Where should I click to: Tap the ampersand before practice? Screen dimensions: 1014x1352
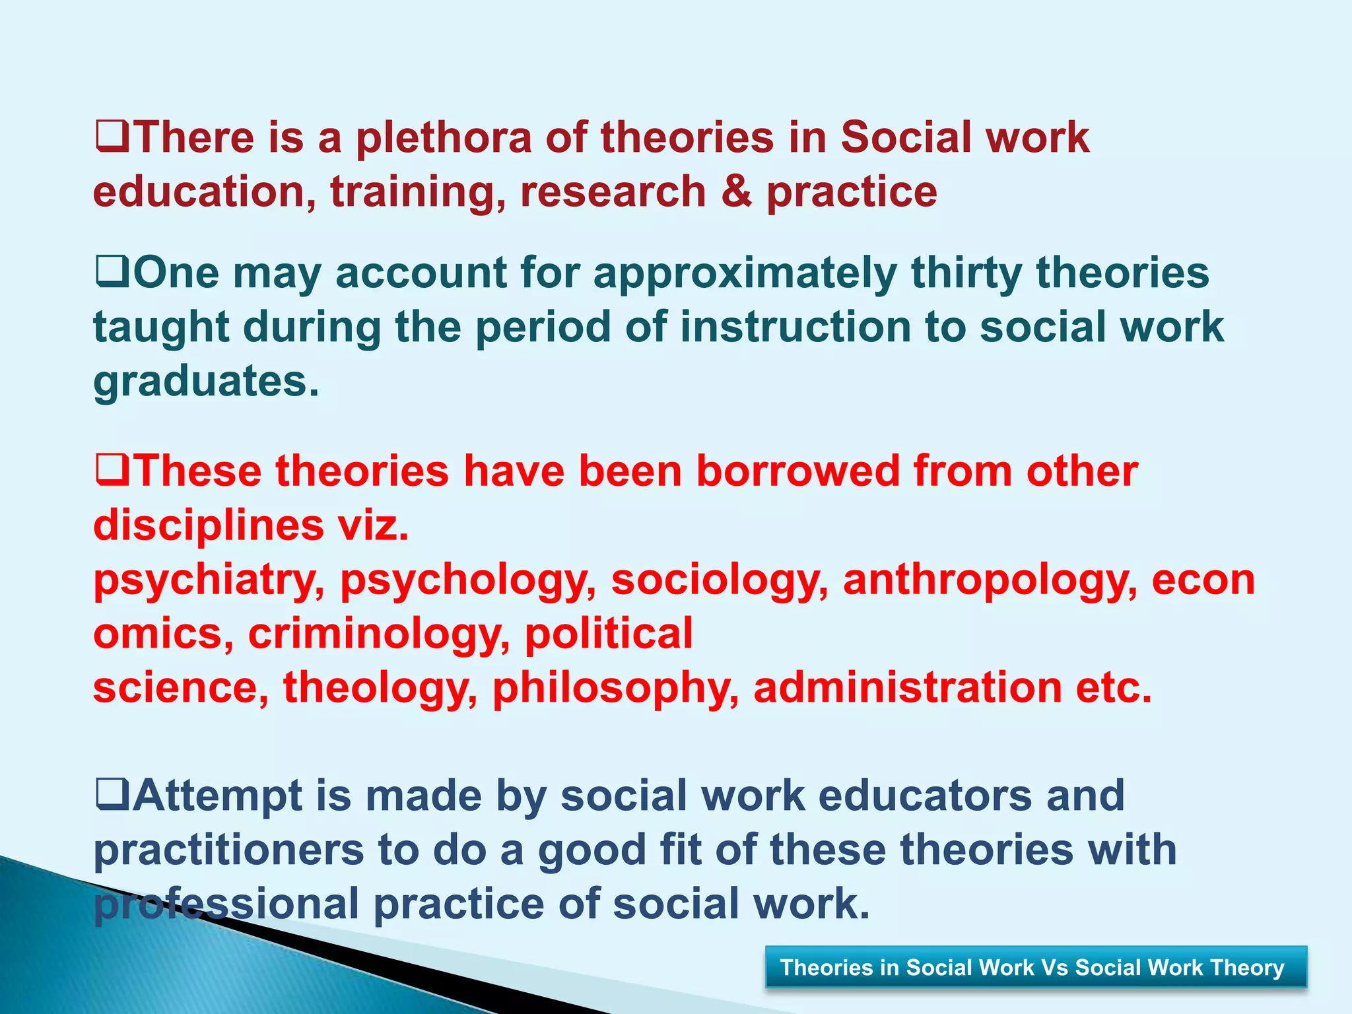[x=736, y=192]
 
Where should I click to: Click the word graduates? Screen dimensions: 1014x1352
[x=205, y=382]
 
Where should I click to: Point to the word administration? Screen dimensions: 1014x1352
[x=907, y=688]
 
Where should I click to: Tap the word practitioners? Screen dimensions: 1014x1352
[x=228, y=850]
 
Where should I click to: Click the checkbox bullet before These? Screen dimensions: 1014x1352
[x=112, y=471]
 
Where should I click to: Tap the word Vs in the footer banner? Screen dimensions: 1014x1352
[x=1054, y=968]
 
